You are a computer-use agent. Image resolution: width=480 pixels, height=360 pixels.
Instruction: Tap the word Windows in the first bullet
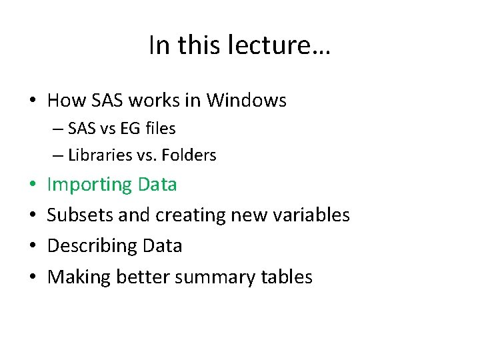(247, 101)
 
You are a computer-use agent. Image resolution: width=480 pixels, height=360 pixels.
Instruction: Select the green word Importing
(90, 185)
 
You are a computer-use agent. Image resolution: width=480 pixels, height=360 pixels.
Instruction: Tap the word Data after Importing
(158, 184)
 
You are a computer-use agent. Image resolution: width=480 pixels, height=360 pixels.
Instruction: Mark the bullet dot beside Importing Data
(32, 185)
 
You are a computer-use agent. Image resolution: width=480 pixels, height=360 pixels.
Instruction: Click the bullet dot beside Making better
(32, 277)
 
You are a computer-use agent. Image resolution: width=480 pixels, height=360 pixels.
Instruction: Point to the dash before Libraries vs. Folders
(58, 156)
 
